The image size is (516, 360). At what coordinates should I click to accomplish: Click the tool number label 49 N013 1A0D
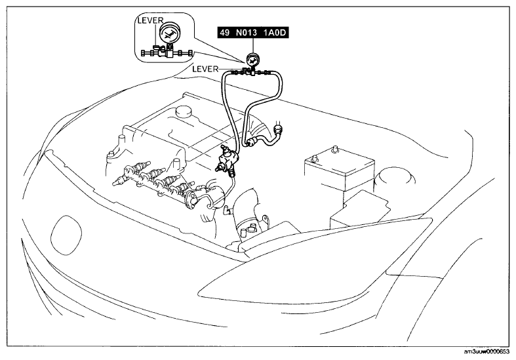253,33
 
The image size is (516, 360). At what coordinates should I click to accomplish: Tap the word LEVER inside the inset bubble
150,20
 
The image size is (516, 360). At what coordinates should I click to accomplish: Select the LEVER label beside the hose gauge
205,69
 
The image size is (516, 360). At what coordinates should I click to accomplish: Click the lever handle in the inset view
158,47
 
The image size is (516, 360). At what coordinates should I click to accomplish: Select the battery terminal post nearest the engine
314,159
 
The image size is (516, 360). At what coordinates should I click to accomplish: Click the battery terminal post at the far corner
335,148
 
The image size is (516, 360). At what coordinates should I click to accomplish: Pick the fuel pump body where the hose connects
229,159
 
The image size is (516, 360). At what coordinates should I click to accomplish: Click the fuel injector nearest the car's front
123,179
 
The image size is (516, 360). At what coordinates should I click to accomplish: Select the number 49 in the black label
224,33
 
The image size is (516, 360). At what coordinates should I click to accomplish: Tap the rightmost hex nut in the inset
190,53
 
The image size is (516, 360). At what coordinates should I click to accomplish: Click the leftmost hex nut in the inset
143,53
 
